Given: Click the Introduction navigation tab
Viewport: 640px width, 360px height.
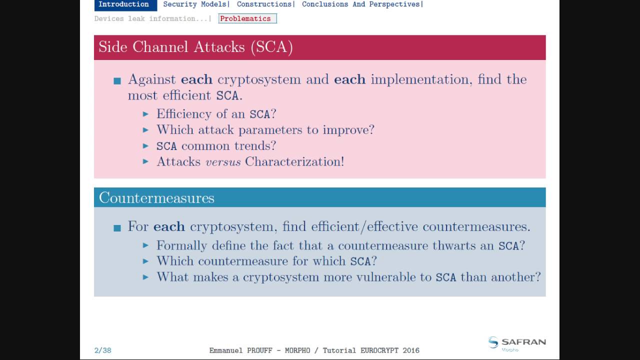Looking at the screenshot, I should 123,4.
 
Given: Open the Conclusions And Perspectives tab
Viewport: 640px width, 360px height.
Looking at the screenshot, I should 361,4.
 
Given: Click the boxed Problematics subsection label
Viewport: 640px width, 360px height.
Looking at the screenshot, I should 247,19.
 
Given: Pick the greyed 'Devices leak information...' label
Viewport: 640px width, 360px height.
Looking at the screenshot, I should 151,19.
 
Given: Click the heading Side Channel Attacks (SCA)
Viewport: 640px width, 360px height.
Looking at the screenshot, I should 195,47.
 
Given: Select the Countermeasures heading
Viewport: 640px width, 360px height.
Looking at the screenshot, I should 156,198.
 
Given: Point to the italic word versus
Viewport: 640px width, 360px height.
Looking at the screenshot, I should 223,162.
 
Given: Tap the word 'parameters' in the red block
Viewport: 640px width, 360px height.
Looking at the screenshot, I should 270,130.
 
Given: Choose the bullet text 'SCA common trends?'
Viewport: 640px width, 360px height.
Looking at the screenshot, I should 216,146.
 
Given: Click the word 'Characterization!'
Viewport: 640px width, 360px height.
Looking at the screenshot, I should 294,162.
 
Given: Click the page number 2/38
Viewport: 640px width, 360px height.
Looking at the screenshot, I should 102,350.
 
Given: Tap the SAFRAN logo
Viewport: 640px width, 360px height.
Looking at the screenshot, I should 516,343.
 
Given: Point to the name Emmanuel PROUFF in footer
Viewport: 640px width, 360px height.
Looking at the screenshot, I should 244,350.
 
